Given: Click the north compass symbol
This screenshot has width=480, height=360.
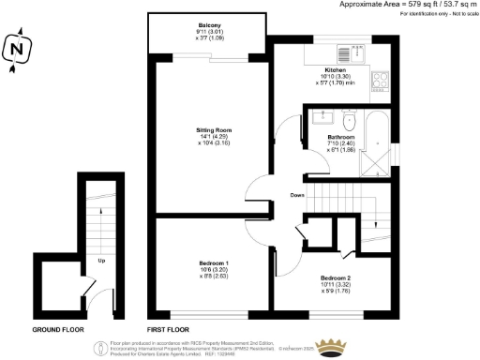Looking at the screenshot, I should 16,52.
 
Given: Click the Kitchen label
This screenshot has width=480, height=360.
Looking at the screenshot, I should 336,70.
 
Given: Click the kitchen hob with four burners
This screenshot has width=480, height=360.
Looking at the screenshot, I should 381,81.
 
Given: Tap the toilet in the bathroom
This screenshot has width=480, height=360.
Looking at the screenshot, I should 349,120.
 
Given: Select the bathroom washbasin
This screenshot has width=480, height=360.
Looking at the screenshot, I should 324,118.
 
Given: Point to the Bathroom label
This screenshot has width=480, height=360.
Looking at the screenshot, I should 340,137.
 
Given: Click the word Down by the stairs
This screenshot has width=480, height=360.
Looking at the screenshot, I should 296,195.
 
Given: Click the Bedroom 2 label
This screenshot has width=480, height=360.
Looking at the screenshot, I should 336,278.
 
